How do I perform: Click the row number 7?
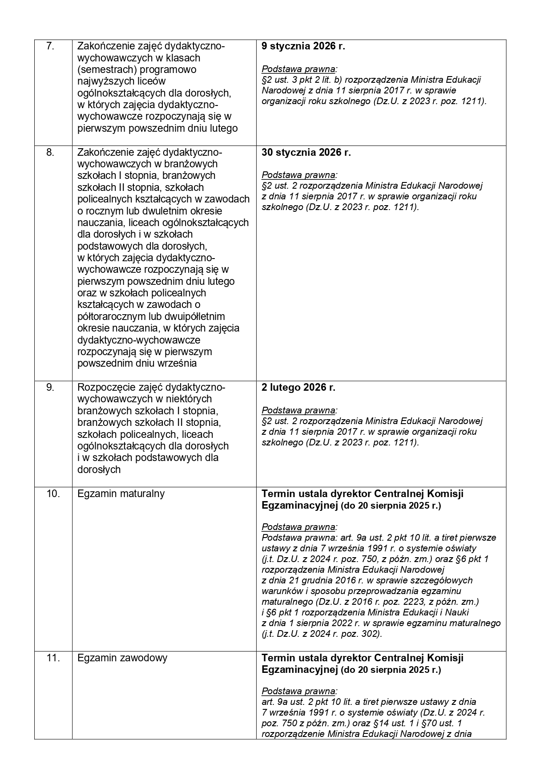(50, 46)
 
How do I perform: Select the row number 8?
(50, 152)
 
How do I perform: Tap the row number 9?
(50, 388)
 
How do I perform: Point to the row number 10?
(53, 494)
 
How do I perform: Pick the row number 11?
(53, 658)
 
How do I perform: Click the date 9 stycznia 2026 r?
(303, 46)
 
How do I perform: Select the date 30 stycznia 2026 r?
(306, 152)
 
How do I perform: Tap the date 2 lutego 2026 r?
(298, 388)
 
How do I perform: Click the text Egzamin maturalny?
(121, 494)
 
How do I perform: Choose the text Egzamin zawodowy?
(122, 658)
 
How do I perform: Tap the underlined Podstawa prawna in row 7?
(299, 69)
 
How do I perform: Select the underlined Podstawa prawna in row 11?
(299, 691)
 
